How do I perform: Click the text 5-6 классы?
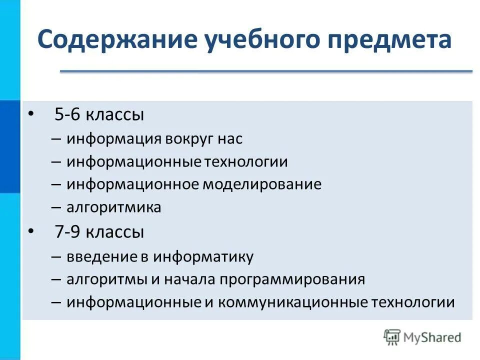coord(99,115)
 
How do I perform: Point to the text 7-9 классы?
coord(99,232)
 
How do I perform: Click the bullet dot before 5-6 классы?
coord(31,114)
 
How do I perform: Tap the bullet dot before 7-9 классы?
coord(31,231)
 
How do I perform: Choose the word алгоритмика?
coord(113,207)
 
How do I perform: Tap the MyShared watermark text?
coord(433,337)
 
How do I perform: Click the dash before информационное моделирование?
coord(56,184)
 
